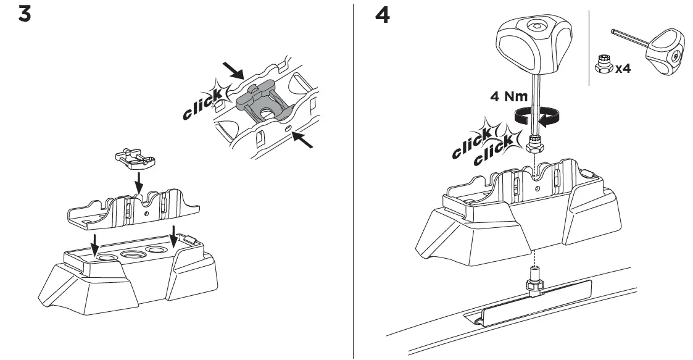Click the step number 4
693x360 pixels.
point(383,15)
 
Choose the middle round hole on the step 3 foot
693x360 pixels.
point(133,253)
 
